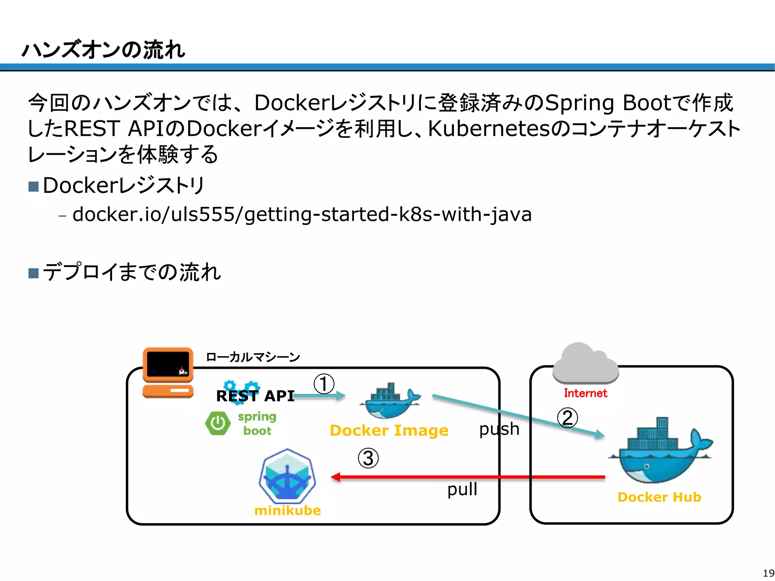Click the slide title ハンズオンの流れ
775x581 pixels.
pyautogui.click(x=103, y=50)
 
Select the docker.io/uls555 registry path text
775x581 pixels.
pyautogui.click(x=302, y=214)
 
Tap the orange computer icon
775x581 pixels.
pyautogui.click(x=168, y=373)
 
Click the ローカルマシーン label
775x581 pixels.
pyautogui.click(x=252, y=357)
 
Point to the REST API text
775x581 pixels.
pyautogui.click(x=255, y=396)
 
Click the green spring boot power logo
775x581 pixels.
pyautogui.click(x=218, y=423)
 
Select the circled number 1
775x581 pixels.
pyautogui.click(x=324, y=384)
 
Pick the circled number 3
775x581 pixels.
pyautogui.click(x=368, y=458)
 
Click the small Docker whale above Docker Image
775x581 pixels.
pyautogui.click(x=389, y=401)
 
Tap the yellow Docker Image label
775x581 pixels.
pyautogui.click(x=389, y=430)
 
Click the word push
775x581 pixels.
pyautogui.click(x=499, y=429)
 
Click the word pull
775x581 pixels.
pyautogui.click(x=462, y=489)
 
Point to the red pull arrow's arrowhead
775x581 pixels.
pyautogui.click(x=336, y=477)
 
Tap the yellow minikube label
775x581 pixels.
pyautogui.click(x=288, y=511)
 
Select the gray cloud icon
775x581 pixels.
pyautogui.click(x=585, y=363)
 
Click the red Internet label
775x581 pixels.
pyautogui.click(x=585, y=393)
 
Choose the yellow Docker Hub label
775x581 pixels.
pyautogui.click(x=659, y=497)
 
